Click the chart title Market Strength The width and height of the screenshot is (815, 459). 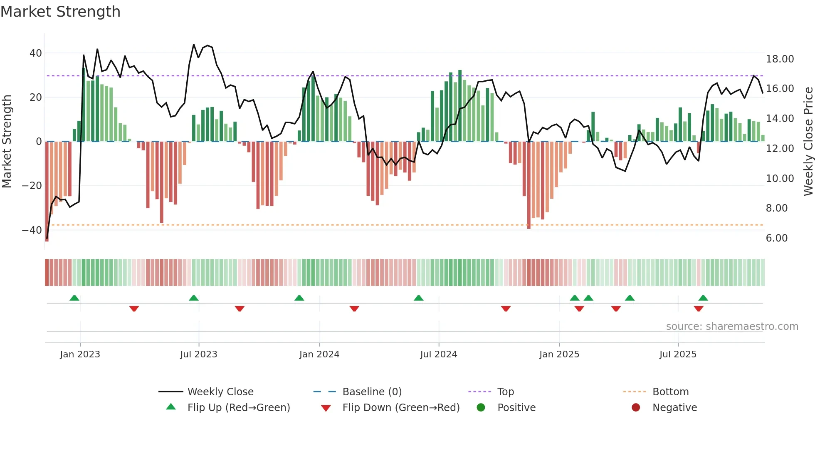tap(60, 12)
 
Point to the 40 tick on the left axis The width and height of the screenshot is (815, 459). tap(36, 53)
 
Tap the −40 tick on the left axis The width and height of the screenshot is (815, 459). tap(32, 230)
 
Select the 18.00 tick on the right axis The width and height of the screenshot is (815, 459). tap(780, 59)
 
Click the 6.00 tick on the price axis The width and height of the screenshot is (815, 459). tap(776, 238)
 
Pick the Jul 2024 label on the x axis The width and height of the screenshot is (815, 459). tap(438, 354)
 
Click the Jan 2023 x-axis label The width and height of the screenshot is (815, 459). tap(80, 354)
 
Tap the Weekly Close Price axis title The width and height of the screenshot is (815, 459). tap(808, 142)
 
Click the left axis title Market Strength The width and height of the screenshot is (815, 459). tap(7, 142)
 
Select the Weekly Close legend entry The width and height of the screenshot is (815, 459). tap(220, 392)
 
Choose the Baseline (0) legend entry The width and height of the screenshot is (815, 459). tap(372, 392)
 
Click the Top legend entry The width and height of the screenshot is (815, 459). tap(505, 392)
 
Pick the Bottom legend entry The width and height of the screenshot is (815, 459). tap(670, 392)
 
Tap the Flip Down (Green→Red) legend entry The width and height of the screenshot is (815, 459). tap(400, 408)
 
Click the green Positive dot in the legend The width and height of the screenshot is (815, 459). tap(481, 408)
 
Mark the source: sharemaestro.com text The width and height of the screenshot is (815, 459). tap(732, 327)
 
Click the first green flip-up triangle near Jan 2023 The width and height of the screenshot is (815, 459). tap(74, 298)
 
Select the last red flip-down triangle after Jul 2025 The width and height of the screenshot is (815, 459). tap(698, 309)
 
